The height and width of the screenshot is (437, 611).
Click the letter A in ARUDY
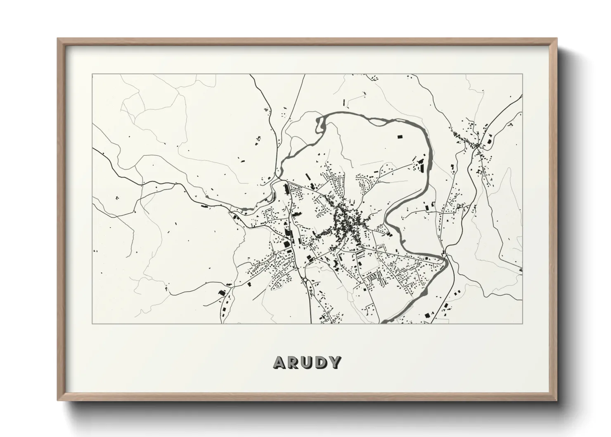pyautogui.click(x=279, y=362)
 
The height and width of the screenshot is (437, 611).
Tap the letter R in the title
pyautogui.click(x=293, y=362)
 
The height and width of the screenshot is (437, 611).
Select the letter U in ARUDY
pyautogui.click(x=307, y=362)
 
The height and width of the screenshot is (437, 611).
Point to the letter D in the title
pyautogui.click(x=321, y=362)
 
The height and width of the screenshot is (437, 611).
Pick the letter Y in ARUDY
pyautogui.click(x=335, y=362)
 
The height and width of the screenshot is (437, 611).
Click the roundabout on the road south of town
pyautogui.click(x=305, y=280)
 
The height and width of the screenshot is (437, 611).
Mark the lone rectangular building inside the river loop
pyautogui.click(x=399, y=136)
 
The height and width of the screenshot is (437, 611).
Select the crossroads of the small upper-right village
pyautogui.click(x=478, y=145)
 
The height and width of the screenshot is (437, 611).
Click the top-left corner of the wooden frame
pyautogui.click(x=58, y=39)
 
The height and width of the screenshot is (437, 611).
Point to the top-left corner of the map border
pyautogui.click(x=92, y=74)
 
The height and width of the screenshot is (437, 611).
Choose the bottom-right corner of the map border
pyautogui.click(x=523, y=323)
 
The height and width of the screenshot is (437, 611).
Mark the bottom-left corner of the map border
pyautogui.click(x=92, y=323)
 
